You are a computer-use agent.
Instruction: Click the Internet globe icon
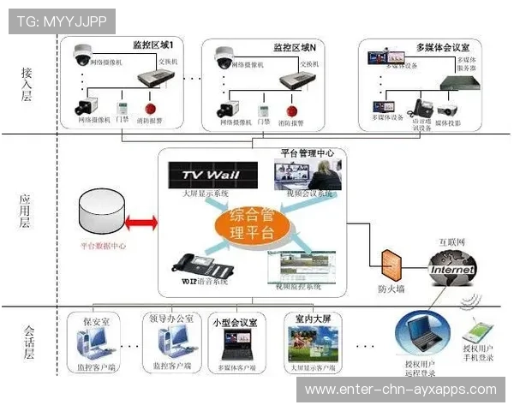click(451, 269)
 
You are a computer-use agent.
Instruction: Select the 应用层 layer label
click(26, 212)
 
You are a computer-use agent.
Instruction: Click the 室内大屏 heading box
click(313, 319)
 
